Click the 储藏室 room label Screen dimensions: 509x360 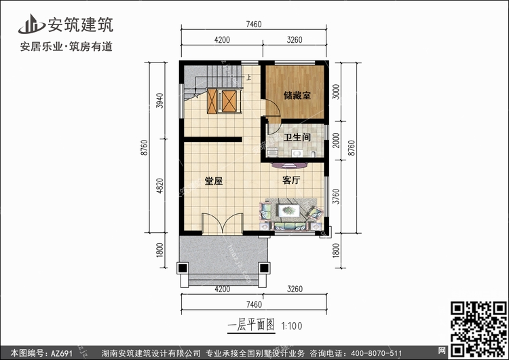[x=297, y=95]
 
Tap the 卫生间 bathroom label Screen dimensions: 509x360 [x=297, y=137]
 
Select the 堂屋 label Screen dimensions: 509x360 [x=214, y=181]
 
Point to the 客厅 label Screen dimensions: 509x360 [x=291, y=180]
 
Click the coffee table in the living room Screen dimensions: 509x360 [x=288, y=211]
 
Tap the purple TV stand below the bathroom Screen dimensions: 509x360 [x=289, y=166]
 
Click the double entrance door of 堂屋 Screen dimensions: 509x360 [x=223, y=223]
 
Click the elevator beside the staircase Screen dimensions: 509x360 [x=223, y=101]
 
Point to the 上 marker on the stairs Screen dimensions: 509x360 [x=248, y=77]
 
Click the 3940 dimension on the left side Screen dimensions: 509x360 [x=159, y=101]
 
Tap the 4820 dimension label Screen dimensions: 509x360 [x=159, y=185]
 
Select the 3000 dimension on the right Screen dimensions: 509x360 [x=336, y=92]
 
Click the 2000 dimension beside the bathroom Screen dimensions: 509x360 [x=336, y=141]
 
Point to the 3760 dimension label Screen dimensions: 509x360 [x=336, y=196]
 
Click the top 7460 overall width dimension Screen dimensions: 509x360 [x=254, y=24]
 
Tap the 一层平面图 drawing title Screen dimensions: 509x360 [x=251, y=325]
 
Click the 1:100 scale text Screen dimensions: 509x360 [x=292, y=326]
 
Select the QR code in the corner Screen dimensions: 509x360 [x=478, y=329]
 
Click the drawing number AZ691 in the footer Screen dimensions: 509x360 [x=62, y=353]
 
